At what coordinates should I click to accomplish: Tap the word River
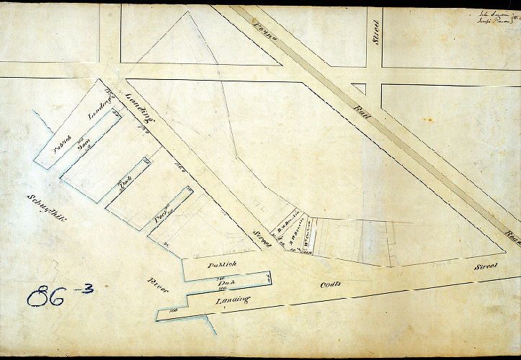point(157,285)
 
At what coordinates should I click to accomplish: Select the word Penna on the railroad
point(264,28)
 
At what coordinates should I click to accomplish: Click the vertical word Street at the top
point(376,32)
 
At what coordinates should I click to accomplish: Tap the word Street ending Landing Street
point(262,237)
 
